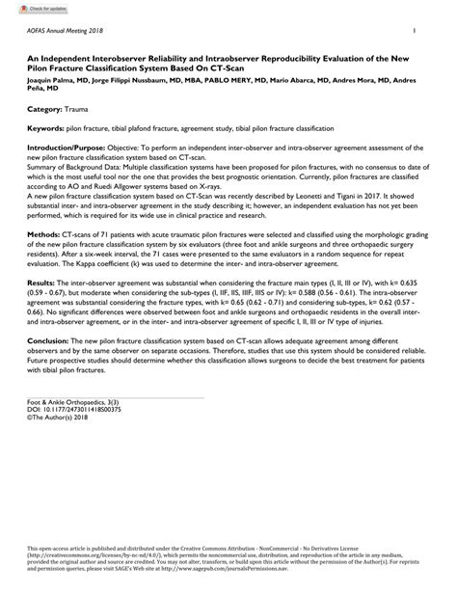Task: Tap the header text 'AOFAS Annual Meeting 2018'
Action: [x=66, y=32]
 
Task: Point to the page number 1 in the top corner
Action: [x=414, y=32]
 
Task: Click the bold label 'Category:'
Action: [x=44, y=111]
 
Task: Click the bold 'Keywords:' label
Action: [x=46, y=128]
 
